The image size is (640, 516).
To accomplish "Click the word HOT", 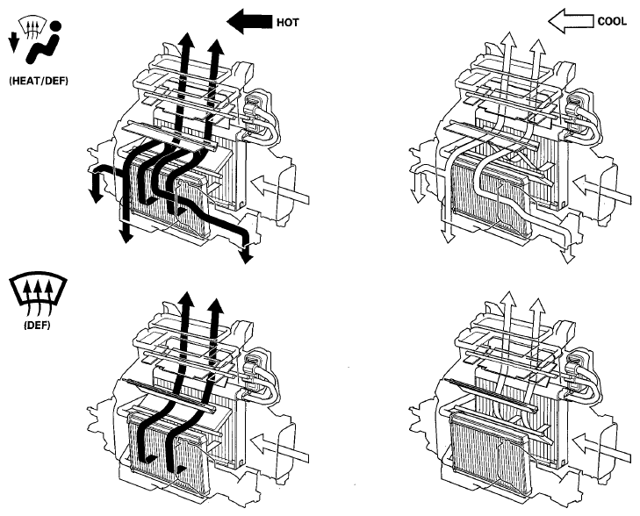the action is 287,23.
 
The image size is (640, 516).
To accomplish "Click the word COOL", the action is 611,21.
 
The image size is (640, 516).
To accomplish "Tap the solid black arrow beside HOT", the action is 249,22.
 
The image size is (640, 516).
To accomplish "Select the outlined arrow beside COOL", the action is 571,21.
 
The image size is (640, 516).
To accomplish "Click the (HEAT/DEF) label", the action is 39,81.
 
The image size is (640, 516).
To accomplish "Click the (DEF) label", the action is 37,326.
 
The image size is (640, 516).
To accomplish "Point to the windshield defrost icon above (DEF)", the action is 38,294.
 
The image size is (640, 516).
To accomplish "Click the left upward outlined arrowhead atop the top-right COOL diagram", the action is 509,40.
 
